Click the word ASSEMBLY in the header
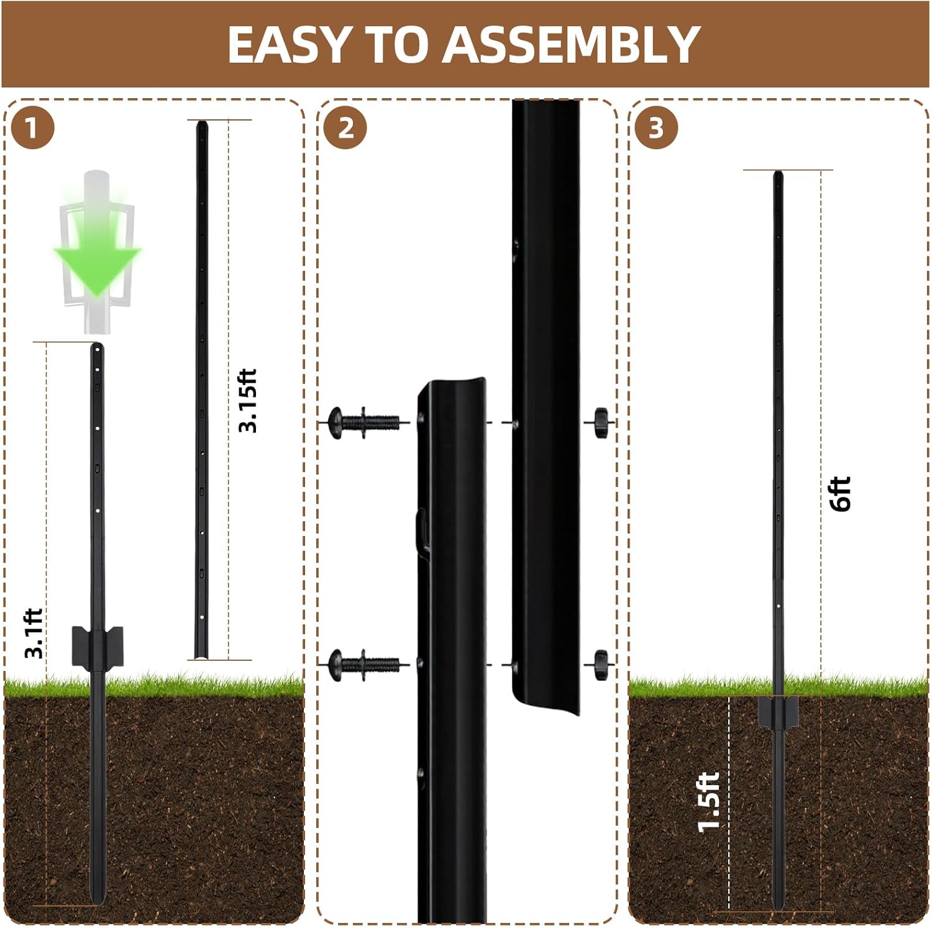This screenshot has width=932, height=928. pos(572,45)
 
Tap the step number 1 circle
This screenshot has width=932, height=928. pos(32,129)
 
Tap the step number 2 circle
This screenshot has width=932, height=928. pos(346,129)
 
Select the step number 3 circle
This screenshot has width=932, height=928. pos(656,129)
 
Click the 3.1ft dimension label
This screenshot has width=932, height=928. pos(34,634)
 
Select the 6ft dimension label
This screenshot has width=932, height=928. pos(840,494)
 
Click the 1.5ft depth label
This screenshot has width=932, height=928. pos(709,803)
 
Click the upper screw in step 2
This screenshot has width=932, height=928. pos(363,423)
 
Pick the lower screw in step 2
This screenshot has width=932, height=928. pos(363,665)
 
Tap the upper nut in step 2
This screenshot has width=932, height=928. pos(600,422)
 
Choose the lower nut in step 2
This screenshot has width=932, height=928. pos(600,665)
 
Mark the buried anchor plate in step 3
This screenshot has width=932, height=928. pos(778,712)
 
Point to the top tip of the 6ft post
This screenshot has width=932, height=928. pos(777,175)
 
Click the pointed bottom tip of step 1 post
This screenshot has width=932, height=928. pos(97,899)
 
